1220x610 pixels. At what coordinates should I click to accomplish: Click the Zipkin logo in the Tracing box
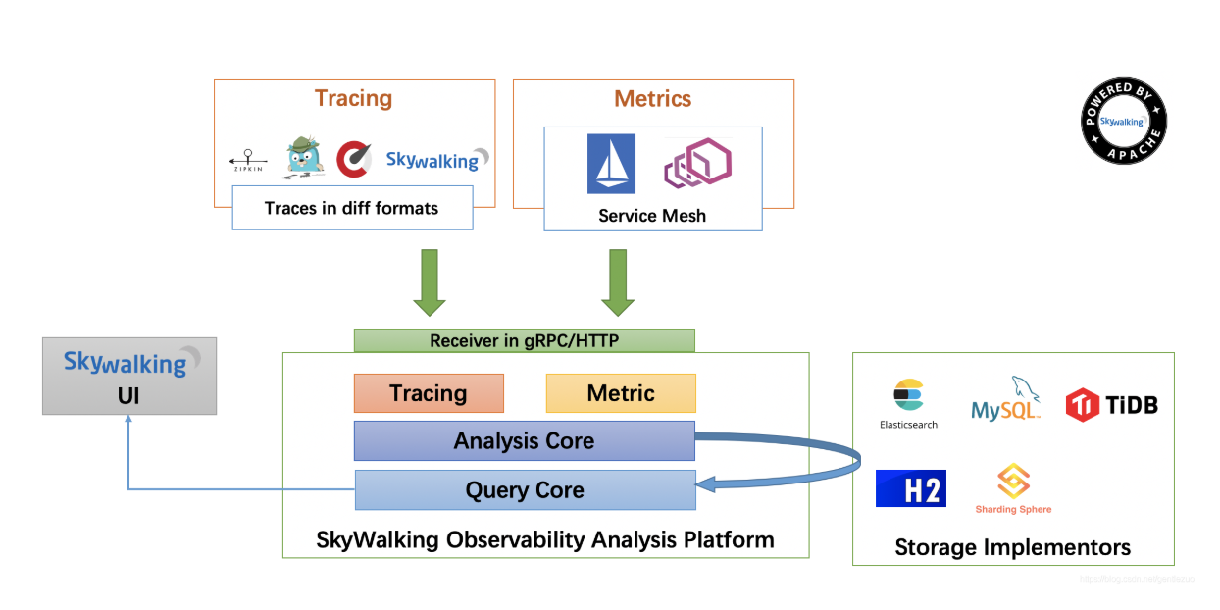[249, 160]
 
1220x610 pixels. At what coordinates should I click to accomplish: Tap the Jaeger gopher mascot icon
[304, 158]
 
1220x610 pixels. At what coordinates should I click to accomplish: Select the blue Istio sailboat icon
[611, 164]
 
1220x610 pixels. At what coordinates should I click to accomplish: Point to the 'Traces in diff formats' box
[352, 208]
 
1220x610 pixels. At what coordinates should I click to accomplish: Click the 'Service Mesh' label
[652, 216]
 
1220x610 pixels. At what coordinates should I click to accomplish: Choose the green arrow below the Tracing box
[430, 282]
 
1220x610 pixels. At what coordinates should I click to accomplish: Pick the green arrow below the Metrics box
[618, 282]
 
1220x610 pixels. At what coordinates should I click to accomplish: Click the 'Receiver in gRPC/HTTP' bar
[524, 340]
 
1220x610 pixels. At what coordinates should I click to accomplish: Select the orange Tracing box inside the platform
[429, 393]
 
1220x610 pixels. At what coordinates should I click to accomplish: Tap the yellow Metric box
[621, 393]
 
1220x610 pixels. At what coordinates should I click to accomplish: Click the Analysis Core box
[524, 441]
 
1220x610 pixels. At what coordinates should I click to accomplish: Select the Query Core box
[525, 490]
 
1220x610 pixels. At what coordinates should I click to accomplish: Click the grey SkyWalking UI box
[129, 376]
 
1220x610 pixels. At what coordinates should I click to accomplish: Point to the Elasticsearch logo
[908, 401]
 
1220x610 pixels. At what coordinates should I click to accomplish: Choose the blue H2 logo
[911, 488]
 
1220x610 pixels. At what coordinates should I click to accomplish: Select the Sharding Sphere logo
[1013, 488]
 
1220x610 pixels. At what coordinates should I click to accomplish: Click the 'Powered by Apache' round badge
[1124, 122]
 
